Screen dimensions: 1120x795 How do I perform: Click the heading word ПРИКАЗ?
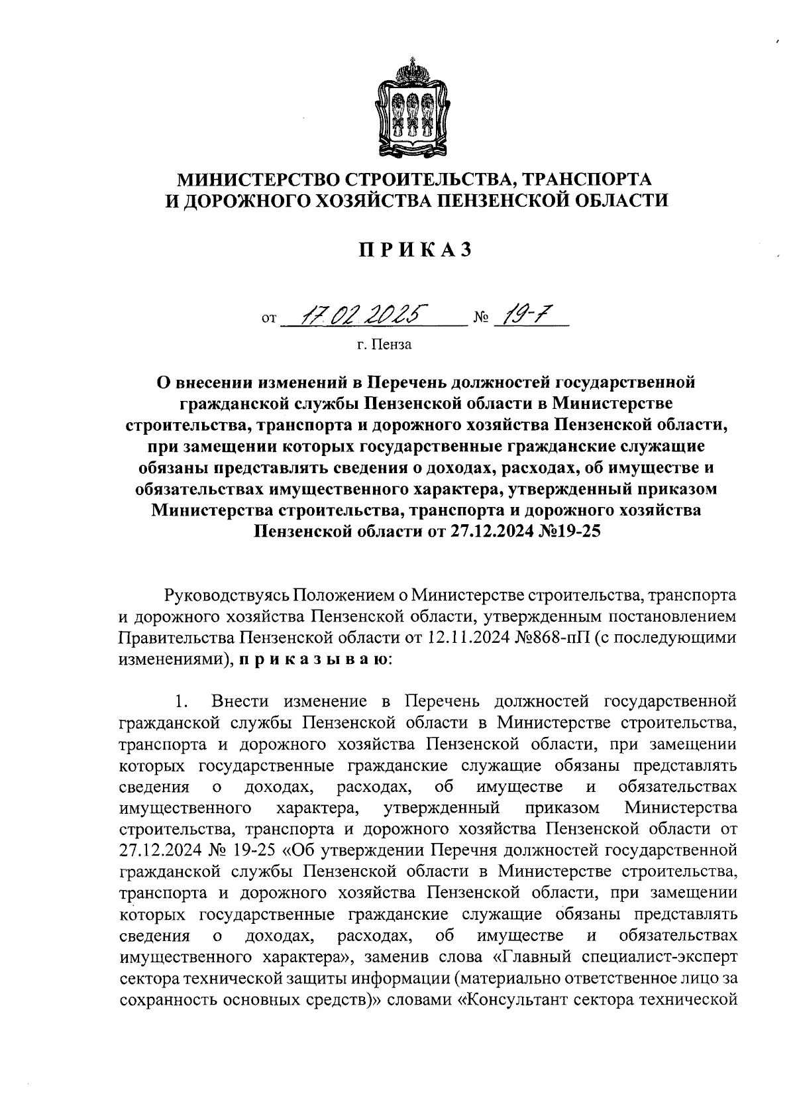coord(415,250)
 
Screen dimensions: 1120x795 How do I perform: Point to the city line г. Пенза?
coord(383,345)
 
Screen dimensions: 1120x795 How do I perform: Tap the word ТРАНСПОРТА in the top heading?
coord(584,179)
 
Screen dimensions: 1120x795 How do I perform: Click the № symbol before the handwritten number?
coord(480,319)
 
